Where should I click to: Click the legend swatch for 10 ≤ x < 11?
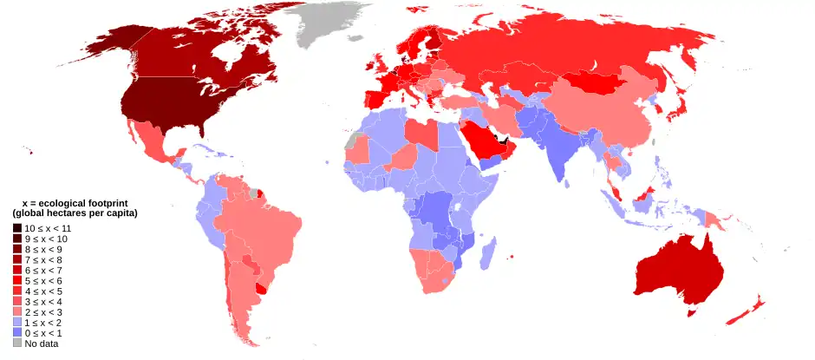tap(17, 227)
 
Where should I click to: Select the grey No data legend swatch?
tap(17, 344)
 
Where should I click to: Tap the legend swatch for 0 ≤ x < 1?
tap(17, 333)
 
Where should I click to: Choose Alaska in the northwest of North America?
tap(121, 43)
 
